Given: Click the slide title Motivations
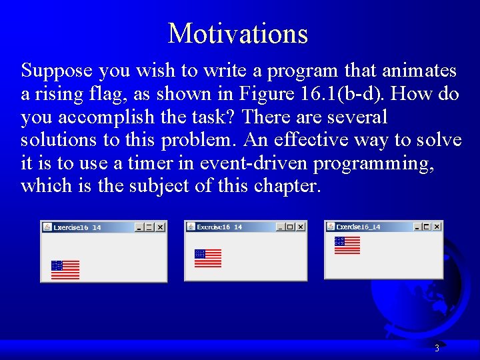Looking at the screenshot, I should coord(238,33).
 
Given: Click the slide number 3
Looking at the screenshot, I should coord(437,348).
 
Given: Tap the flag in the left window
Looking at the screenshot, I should coord(65,269).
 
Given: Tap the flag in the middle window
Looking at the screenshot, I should coord(208,258).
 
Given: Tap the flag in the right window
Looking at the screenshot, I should coord(347,245).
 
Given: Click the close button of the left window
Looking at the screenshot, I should coord(160,227).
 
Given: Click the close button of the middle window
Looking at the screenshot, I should coord(301,227).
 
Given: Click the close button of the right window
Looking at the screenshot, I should coord(437,227).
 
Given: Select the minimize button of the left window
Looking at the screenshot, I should coord(139,227).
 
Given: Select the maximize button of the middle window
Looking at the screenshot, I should coord(290,227).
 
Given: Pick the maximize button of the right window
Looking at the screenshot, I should coord(427,227).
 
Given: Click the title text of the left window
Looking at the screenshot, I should coord(77,227).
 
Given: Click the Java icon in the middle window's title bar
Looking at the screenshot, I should coord(190,227).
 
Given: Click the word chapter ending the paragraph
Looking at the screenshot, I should coord(287,186).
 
